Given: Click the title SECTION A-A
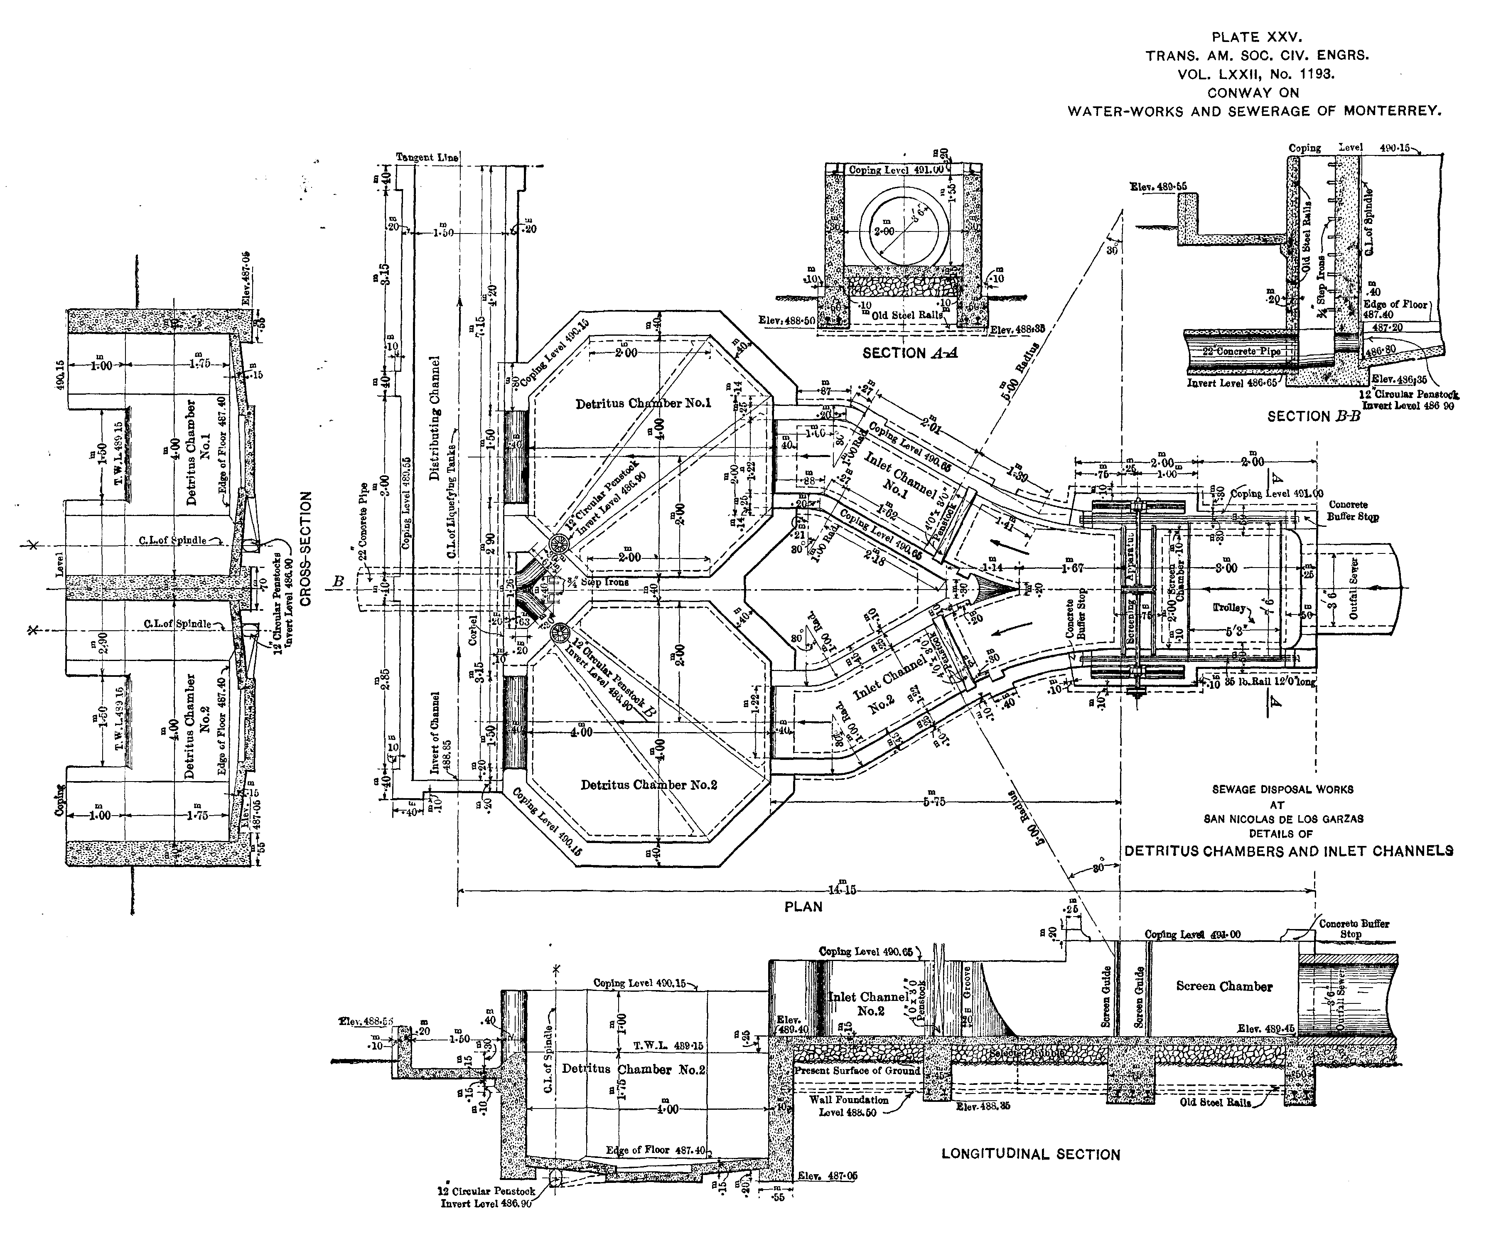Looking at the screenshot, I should click(x=910, y=353).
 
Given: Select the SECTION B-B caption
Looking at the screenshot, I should click(x=1313, y=417).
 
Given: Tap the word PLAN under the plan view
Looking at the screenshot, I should click(x=803, y=906).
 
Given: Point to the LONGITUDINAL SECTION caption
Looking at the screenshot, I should click(x=1031, y=1154).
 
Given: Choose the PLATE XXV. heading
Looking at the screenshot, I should click(x=1257, y=37).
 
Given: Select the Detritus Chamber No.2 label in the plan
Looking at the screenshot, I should click(x=648, y=785).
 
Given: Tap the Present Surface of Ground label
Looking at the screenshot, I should click(x=856, y=1071).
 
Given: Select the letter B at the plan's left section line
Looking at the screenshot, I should click(x=338, y=581).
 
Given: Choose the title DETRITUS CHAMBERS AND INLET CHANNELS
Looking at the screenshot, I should click(x=1288, y=851).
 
